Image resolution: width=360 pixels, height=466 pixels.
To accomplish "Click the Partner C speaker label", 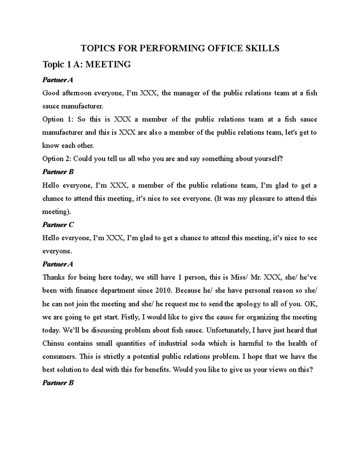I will pyautogui.click(x=58, y=225).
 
